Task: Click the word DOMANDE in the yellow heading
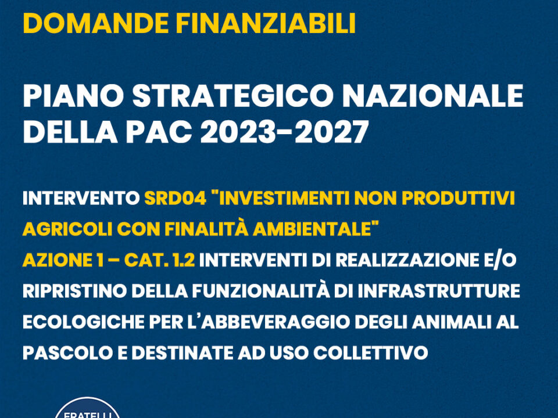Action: click(x=96, y=23)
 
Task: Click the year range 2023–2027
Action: click(x=284, y=132)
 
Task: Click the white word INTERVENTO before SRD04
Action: click(x=81, y=199)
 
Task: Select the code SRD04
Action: click(x=176, y=199)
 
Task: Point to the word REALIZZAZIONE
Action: click(x=403, y=260)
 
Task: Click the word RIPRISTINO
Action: click(x=75, y=291)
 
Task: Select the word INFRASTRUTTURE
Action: click(x=439, y=291)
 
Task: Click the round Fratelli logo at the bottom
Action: click(x=88, y=408)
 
